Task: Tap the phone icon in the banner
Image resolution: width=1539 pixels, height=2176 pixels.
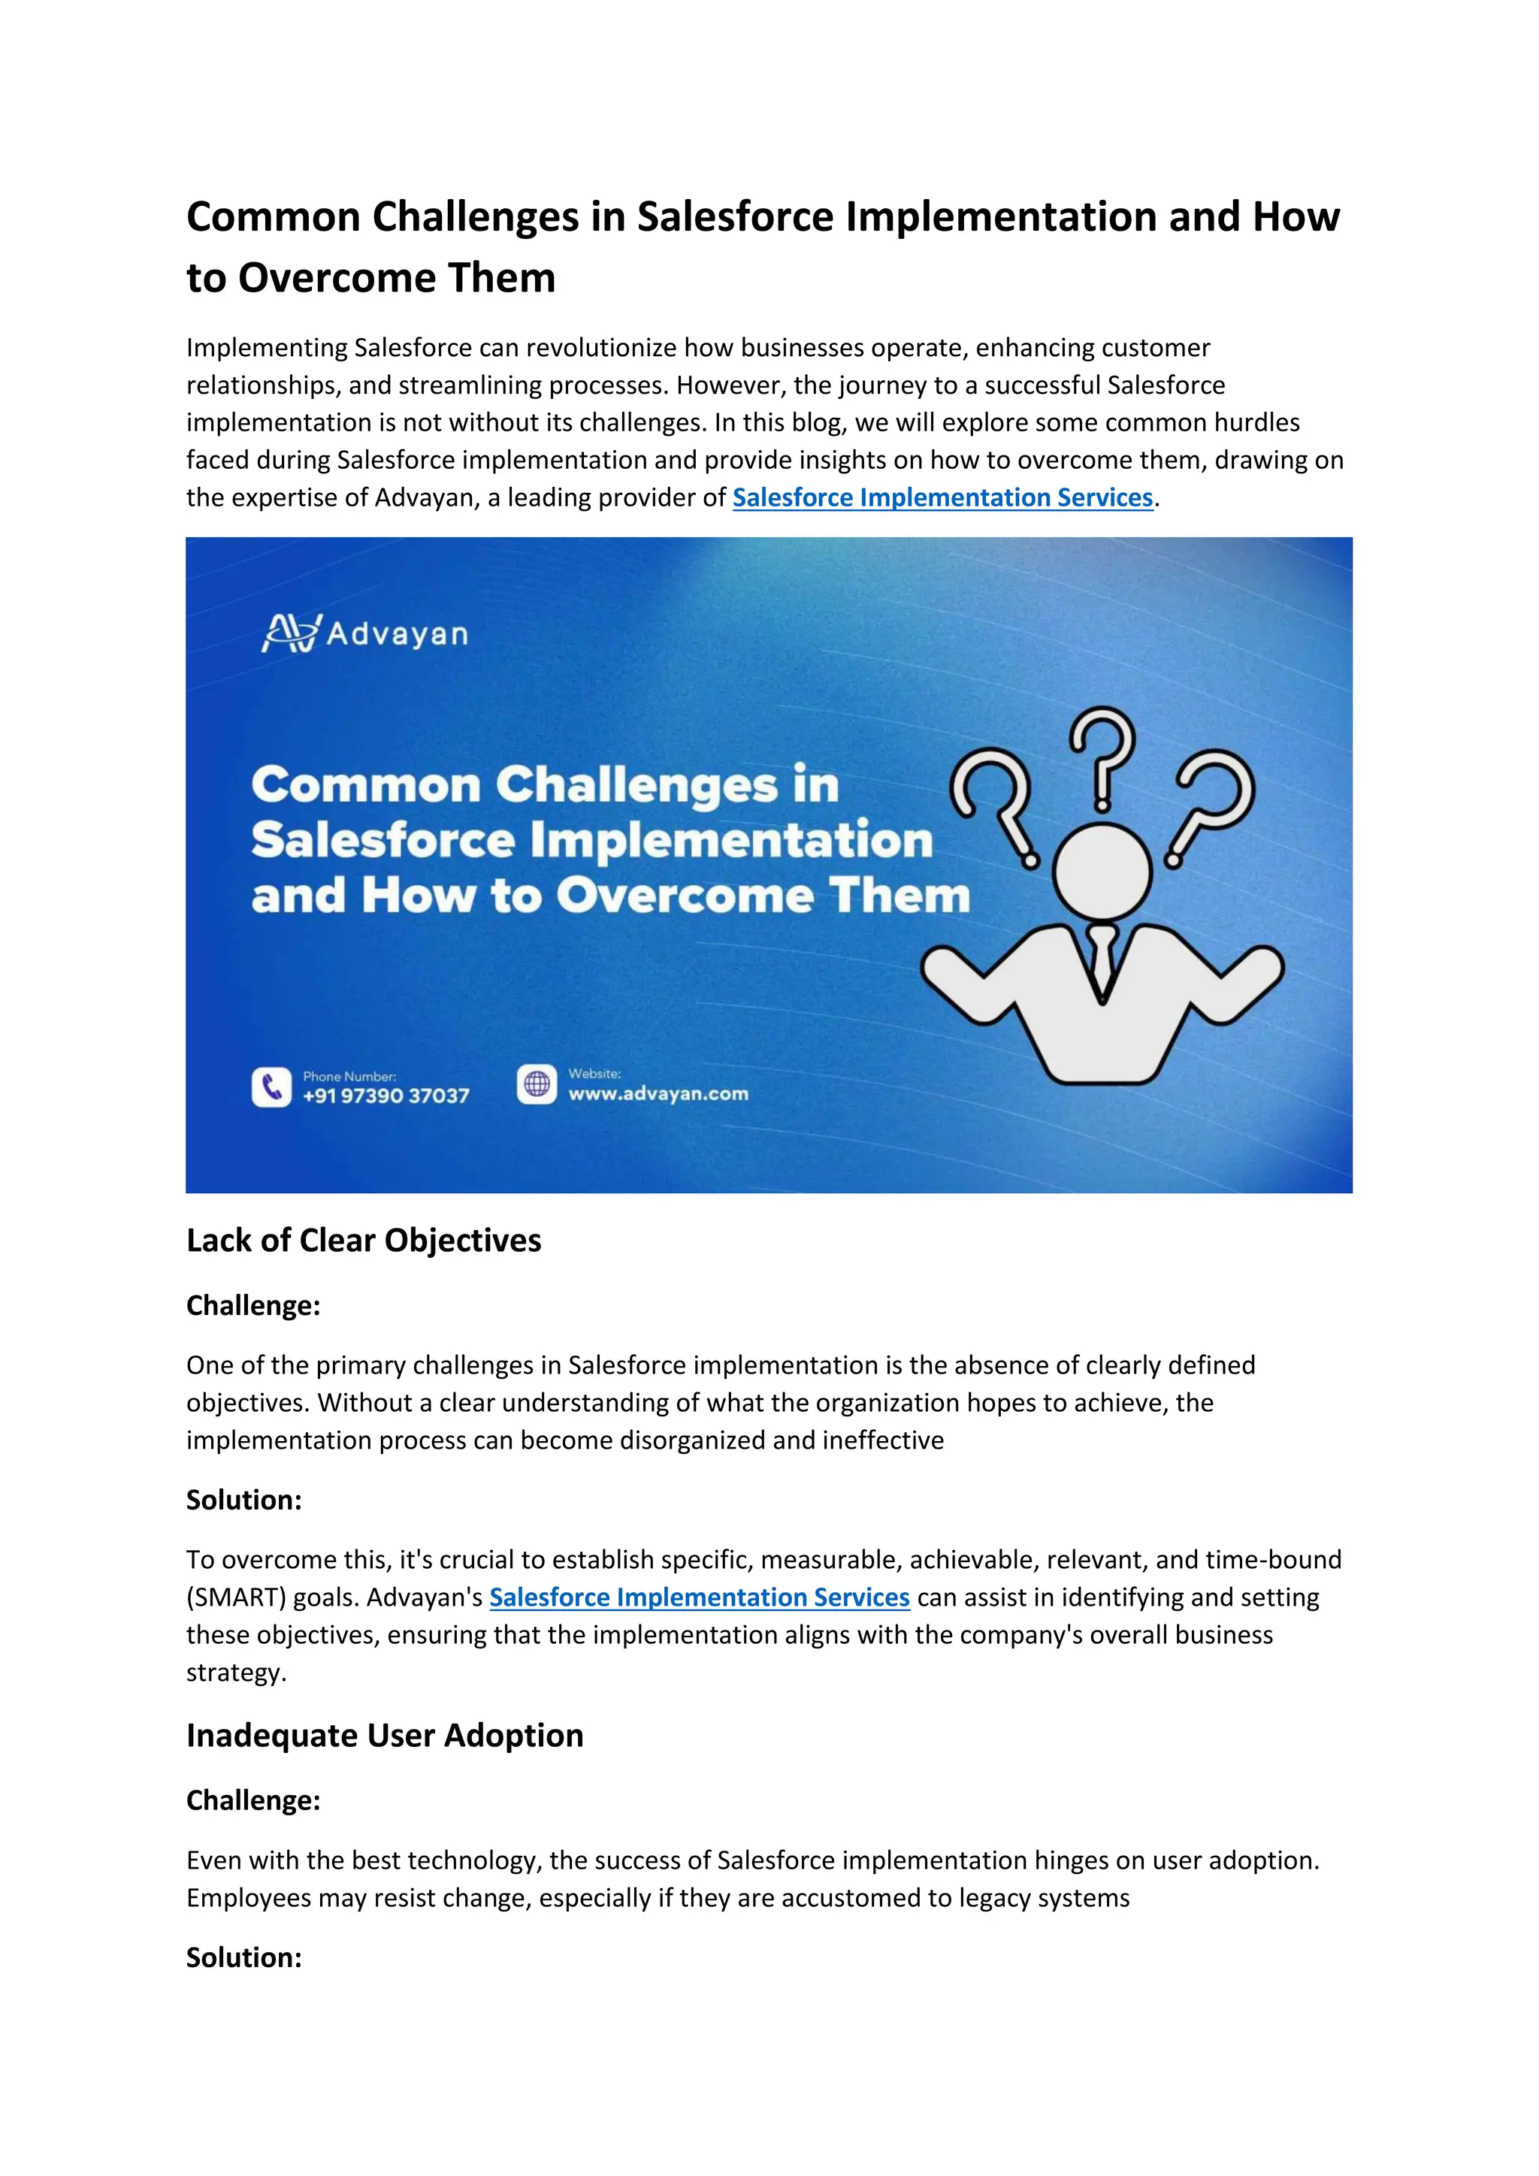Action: pyautogui.click(x=272, y=1087)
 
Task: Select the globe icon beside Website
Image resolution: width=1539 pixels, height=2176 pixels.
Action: pyautogui.click(x=537, y=1083)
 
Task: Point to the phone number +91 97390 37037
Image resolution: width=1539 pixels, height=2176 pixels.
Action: pyautogui.click(x=386, y=1096)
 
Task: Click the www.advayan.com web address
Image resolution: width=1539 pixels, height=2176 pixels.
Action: pyautogui.click(x=658, y=1094)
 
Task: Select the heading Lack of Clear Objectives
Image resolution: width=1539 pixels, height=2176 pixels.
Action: pyautogui.click(x=363, y=1241)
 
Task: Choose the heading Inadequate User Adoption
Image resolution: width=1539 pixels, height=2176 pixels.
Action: pyautogui.click(x=385, y=1735)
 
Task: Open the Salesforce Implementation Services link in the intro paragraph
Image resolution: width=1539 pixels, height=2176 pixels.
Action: pyautogui.click(x=942, y=497)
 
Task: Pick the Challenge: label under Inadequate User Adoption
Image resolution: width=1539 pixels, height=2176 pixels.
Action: pyautogui.click(x=253, y=1800)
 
